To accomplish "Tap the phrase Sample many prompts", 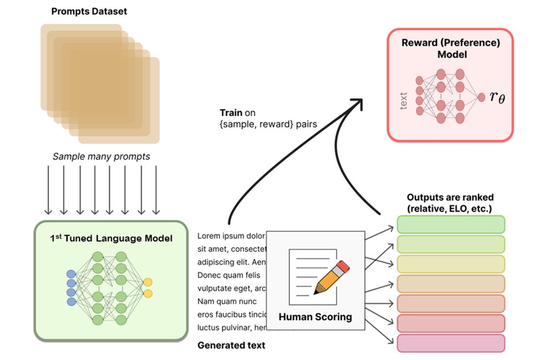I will click(101, 157).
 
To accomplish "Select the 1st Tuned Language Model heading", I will click(111, 238).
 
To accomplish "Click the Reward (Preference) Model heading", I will click(450, 49).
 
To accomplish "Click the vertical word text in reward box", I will click(404, 100).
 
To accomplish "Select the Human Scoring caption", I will click(315, 316).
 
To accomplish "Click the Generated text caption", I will click(231, 345).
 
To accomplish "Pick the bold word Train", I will click(230, 112).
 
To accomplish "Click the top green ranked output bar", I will click(451, 225).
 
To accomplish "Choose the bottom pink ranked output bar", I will click(451, 343).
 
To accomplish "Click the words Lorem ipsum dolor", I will click(231, 236).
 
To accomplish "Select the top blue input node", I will click(71, 274).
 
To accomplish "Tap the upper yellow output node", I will click(148, 282).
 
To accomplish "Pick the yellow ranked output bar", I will click(451, 264).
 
